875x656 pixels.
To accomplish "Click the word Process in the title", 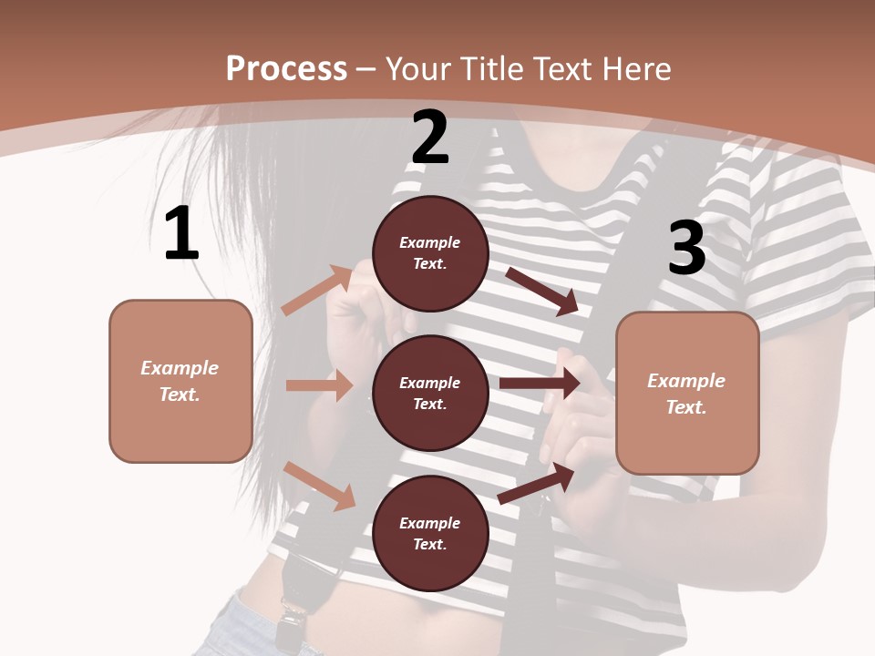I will click(286, 69).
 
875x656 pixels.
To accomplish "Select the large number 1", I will click(181, 234).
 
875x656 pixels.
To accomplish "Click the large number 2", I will click(430, 138).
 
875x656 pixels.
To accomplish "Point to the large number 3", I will click(686, 249).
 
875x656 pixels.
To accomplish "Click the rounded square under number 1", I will click(180, 381).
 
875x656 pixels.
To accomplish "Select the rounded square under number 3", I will click(687, 393).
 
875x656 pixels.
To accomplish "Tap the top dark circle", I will click(430, 253).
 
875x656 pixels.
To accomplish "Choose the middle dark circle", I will click(430, 393).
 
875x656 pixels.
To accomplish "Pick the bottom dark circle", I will click(430, 533).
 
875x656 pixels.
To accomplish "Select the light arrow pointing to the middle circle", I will click(319, 385).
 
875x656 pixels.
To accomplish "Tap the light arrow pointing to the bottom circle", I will click(320, 485).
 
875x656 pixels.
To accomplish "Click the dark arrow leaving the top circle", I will click(542, 291).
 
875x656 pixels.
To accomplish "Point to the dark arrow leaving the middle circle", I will click(540, 384).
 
